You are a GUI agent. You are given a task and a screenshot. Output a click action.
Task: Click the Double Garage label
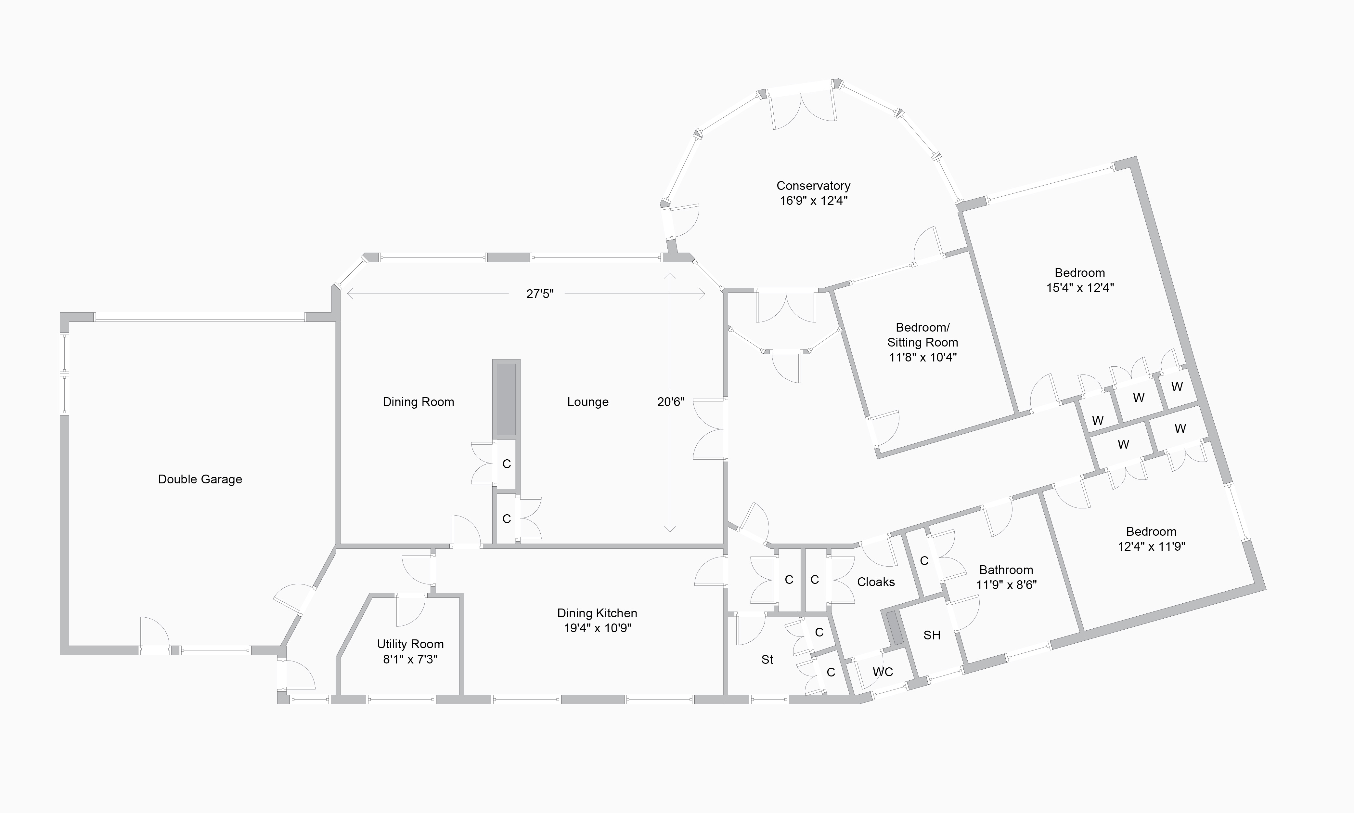tap(200, 479)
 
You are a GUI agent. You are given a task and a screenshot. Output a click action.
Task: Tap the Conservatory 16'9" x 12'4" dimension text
tap(814, 201)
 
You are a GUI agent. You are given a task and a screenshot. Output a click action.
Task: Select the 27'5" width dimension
tap(540, 294)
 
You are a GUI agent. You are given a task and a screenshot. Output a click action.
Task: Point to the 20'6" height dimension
tap(671, 402)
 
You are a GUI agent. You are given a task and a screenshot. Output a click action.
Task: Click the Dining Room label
tap(418, 402)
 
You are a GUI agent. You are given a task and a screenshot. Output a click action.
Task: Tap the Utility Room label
tap(410, 644)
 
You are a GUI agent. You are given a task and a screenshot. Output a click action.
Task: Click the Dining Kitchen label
tap(597, 613)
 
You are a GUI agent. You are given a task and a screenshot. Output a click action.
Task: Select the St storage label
tap(767, 660)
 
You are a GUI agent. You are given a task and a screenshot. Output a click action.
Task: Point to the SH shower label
tap(932, 635)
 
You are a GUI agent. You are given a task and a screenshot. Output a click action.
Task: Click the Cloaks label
tap(876, 582)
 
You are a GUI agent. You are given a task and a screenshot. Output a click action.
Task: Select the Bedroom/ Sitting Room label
tap(922, 335)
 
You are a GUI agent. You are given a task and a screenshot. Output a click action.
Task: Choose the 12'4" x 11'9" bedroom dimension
tap(1152, 546)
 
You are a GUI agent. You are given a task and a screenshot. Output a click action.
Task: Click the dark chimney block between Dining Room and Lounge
tap(507, 400)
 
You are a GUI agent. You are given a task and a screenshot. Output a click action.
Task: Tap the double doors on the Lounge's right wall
tap(709, 429)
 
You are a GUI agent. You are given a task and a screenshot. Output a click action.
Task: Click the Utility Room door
tap(411, 609)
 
